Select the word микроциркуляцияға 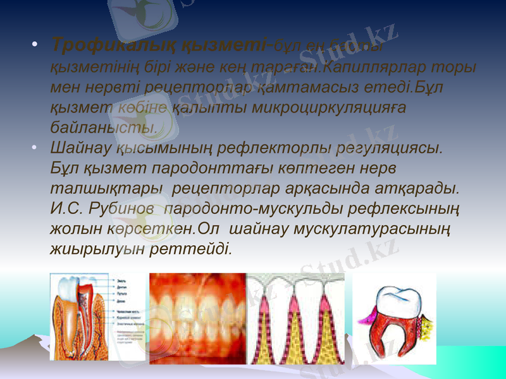(x=328, y=107)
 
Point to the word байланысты (x=104, y=127)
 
